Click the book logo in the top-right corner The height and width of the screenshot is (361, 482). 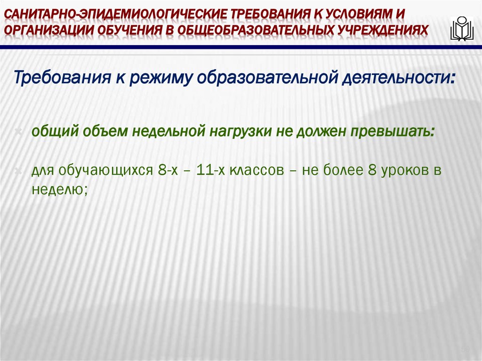[x=461, y=29]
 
